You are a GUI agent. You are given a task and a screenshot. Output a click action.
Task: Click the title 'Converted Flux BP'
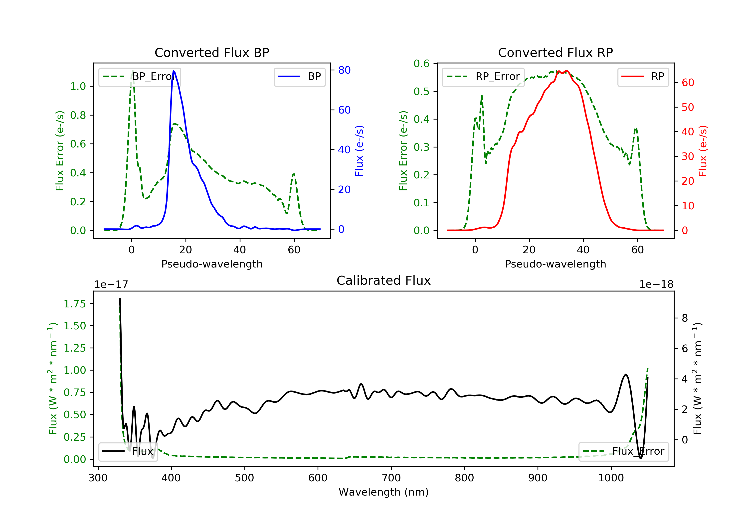212,52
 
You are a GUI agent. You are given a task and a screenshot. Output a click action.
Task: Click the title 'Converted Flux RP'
556,52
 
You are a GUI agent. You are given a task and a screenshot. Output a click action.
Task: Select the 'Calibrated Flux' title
384,280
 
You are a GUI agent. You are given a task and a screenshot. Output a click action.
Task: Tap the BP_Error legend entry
139,77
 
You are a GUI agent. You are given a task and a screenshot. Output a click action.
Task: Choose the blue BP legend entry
299,77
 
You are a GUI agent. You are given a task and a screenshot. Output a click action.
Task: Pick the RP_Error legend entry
483,77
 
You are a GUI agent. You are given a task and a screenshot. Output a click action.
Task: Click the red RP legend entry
643,77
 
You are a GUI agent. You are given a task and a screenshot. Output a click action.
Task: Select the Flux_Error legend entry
623,451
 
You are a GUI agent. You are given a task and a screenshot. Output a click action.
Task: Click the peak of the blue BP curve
174,71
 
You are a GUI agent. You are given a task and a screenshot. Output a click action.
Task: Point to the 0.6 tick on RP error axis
421,64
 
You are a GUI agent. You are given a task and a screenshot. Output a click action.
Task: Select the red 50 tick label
688,107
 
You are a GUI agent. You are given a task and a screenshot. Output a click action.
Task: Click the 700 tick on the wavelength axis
391,478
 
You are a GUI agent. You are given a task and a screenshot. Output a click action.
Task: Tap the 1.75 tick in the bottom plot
75,304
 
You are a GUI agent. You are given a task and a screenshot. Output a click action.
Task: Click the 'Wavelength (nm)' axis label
384,492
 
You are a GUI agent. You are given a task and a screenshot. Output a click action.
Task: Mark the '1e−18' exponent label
656,284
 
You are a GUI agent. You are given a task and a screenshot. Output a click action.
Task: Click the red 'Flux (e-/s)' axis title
702,151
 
